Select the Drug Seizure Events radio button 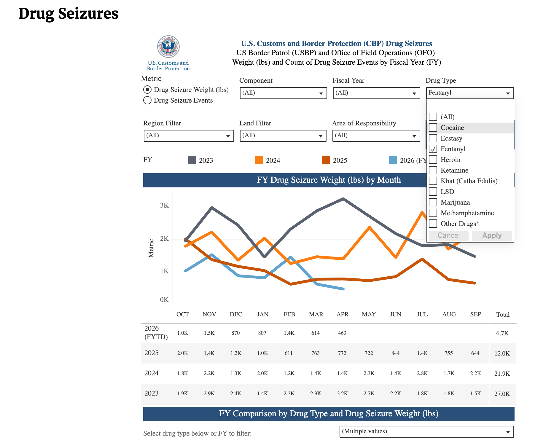(x=147, y=100)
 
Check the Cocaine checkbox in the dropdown (x=433, y=128)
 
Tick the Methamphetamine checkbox (x=433, y=213)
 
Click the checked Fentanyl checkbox (x=433, y=149)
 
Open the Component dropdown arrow (x=321, y=94)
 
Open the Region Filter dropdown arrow (x=228, y=136)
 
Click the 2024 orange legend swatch (x=259, y=160)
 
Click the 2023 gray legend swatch (x=192, y=160)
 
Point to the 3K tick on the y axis (x=164, y=205)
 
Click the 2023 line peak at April (x=343, y=199)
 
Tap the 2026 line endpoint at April (x=343, y=289)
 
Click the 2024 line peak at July (x=422, y=212)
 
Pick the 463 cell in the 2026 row (x=342, y=333)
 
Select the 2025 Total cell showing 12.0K (x=502, y=353)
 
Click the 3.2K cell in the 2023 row (x=342, y=393)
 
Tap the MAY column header (x=369, y=314)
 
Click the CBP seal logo (x=168, y=47)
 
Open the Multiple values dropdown (x=426, y=432)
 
